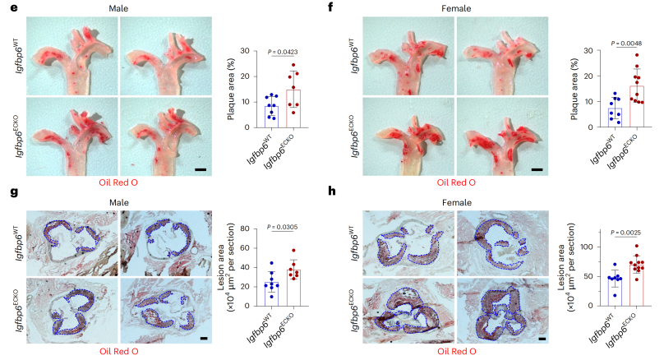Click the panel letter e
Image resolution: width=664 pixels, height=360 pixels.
pyautogui.click(x=14, y=7)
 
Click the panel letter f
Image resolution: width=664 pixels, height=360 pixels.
pyautogui.click(x=331, y=7)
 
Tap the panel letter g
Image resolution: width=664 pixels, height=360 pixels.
pyautogui.click(x=14, y=192)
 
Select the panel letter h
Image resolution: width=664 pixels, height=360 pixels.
pyautogui.click(x=331, y=191)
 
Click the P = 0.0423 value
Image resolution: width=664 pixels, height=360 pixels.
pyautogui.click(x=283, y=52)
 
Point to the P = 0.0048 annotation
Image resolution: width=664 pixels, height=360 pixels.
pyautogui.click(x=626, y=44)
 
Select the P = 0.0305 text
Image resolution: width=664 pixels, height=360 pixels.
pyautogui.click(x=283, y=227)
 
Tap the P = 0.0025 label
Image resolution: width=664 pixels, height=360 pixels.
pyautogui.click(x=625, y=233)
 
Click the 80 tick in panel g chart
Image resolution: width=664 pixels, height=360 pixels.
pyautogui.click(x=245, y=228)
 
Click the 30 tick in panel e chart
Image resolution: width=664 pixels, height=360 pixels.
pyautogui.click(x=245, y=51)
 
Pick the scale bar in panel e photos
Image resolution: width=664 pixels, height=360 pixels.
pyautogui.click(x=201, y=170)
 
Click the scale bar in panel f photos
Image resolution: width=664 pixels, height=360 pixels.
pyautogui.click(x=537, y=169)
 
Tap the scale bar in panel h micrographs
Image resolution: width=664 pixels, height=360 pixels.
pyautogui.click(x=542, y=339)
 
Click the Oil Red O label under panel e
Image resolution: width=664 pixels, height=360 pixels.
pyautogui.click(x=118, y=182)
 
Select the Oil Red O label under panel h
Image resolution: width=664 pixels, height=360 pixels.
pyautogui.click(x=457, y=351)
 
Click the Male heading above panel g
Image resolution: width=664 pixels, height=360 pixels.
pyautogui.click(x=119, y=202)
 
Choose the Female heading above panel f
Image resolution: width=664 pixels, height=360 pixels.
pyautogui.click(x=456, y=8)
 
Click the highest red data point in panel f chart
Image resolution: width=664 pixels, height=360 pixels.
pyautogui.click(x=637, y=55)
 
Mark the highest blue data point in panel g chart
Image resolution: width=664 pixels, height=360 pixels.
pyautogui.click(x=272, y=263)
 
